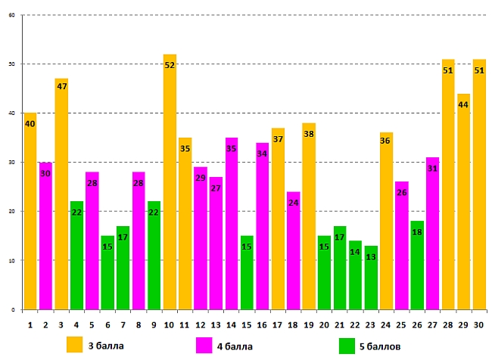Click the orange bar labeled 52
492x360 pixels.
pyautogui.click(x=170, y=182)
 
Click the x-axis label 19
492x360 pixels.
pyautogui.click(x=309, y=325)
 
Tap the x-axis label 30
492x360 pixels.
pyautogui.click(x=479, y=325)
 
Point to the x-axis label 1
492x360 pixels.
pyautogui.click(x=30, y=325)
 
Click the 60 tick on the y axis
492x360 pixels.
pyautogui.click(x=11, y=15)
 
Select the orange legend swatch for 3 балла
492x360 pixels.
pyautogui.click(x=74, y=345)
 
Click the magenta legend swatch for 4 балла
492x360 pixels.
pyautogui.click(x=204, y=345)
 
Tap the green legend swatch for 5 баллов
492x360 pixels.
pyautogui.click(x=347, y=345)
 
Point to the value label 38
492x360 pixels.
pyautogui.click(x=309, y=135)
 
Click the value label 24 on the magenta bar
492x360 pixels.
pyautogui.click(x=294, y=203)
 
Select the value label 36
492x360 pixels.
pyautogui.click(x=386, y=140)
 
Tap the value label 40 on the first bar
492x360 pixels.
pyautogui.click(x=30, y=123)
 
